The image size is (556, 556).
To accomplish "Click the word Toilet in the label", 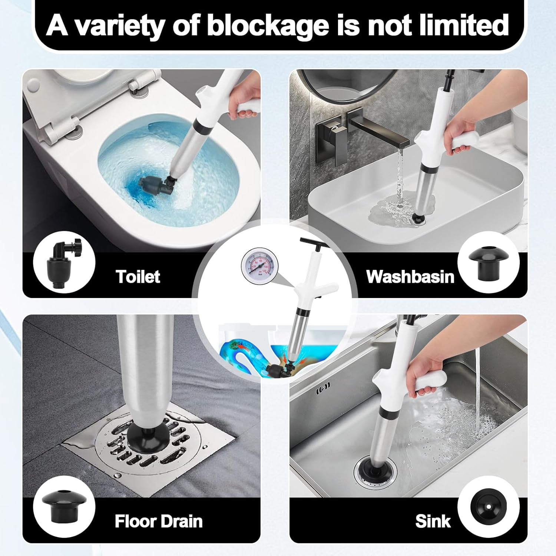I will pyautogui.click(x=138, y=277).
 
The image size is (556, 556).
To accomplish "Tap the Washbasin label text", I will pyautogui.click(x=410, y=277).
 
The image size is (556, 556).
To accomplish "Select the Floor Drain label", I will pyautogui.click(x=159, y=521).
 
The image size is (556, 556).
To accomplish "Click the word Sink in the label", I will pyautogui.click(x=433, y=521).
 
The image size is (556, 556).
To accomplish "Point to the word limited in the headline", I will pyautogui.click(x=460, y=25).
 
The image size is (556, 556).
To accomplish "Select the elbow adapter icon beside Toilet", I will pyautogui.click(x=64, y=262).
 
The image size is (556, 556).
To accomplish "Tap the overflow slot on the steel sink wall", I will pyautogui.click(x=323, y=391).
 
